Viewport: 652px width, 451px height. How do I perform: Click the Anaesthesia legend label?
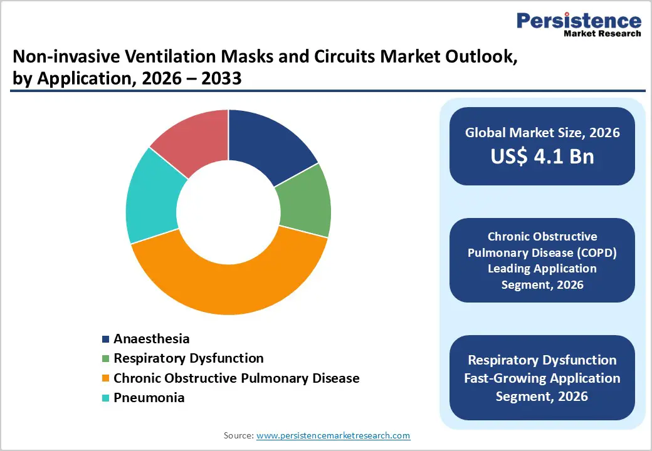tap(151, 339)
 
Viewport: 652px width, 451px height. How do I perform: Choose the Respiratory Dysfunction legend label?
tap(188, 358)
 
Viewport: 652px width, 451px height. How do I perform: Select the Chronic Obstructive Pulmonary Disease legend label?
tap(236, 378)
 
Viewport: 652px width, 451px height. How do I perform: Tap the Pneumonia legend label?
tap(149, 398)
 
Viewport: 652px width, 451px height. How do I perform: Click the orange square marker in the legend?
tap(106, 378)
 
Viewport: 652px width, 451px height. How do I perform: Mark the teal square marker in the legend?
tap(106, 398)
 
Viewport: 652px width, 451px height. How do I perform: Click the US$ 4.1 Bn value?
tap(542, 156)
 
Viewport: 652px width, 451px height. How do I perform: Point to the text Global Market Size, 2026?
tap(542, 133)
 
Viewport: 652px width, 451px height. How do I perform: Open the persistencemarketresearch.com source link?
tap(333, 435)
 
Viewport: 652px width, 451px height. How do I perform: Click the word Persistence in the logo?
tap(579, 21)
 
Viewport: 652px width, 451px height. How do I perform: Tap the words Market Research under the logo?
tap(601, 34)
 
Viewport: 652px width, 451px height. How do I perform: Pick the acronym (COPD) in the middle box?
tap(604, 252)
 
